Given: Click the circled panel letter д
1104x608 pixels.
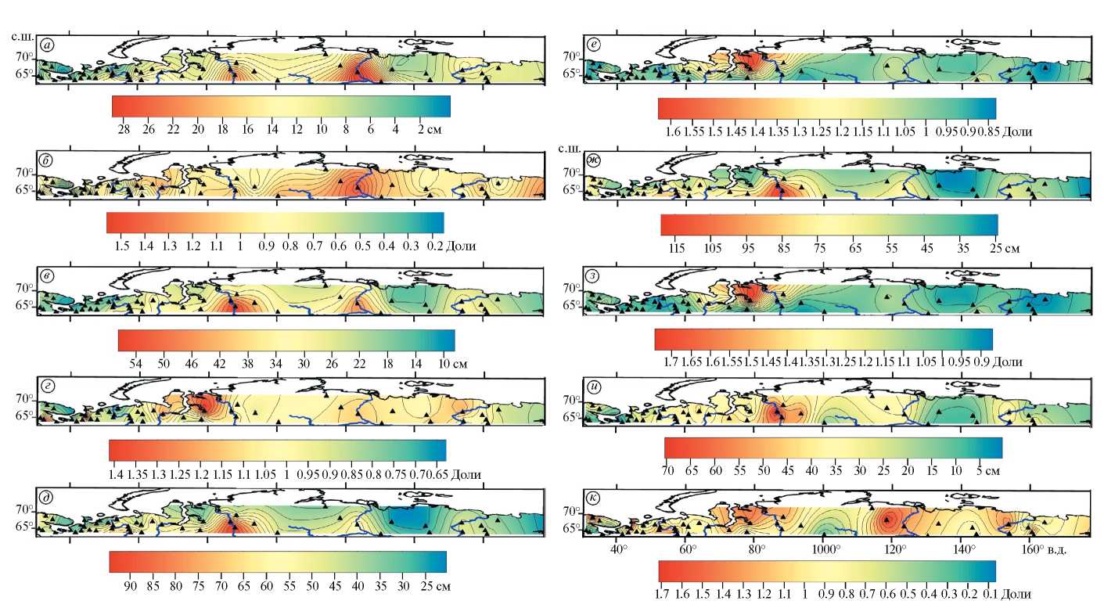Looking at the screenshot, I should pos(49,498).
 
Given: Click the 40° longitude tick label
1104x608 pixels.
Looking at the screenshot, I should pos(618,549).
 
